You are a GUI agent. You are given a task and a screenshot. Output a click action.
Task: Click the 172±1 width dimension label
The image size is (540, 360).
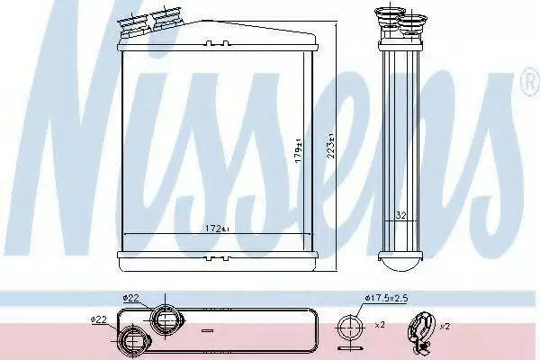coord(217,229)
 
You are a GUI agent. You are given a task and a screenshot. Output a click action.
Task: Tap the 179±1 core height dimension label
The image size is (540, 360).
coord(298,150)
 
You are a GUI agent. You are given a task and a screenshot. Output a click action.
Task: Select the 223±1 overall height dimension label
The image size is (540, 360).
coord(331,146)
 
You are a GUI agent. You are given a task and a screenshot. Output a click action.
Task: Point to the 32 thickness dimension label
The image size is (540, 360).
coord(400,216)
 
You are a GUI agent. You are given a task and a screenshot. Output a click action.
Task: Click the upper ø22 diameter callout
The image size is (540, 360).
coord(130,298)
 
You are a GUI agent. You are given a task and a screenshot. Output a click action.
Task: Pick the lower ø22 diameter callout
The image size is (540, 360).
coord(98,320)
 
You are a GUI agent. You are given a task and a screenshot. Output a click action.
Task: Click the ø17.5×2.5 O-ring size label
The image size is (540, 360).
coord(386,298)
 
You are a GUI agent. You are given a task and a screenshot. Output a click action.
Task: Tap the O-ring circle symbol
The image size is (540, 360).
coord(350,326)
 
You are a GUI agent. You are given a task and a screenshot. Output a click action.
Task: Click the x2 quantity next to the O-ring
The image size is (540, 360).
coord(380,325)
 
